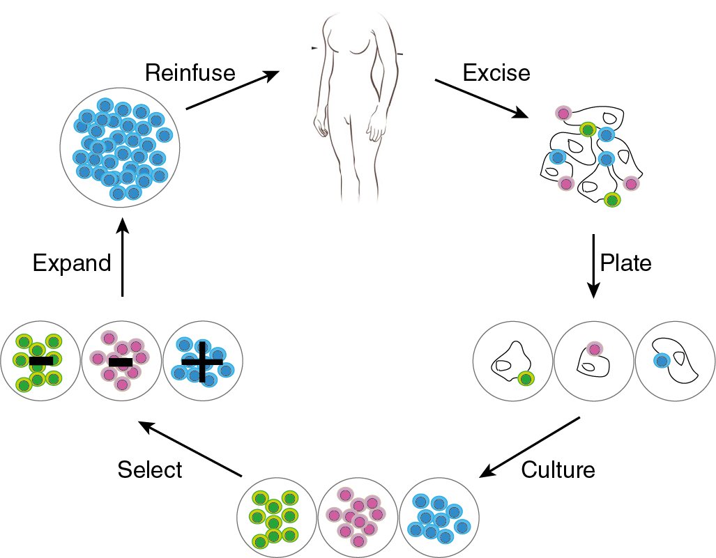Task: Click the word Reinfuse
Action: [190, 72]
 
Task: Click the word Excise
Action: [496, 72]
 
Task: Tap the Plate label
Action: [626, 263]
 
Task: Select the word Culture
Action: [558, 470]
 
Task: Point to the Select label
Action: [150, 470]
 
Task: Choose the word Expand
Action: [72, 263]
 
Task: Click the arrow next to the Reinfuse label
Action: [233, 90]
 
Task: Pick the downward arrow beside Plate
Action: [593, 265]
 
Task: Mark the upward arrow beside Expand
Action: [123, 257]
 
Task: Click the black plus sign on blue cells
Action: [203, 362]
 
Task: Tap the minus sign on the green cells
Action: [40, 361]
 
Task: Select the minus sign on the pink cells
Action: [121, 362]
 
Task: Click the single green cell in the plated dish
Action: [526, 378]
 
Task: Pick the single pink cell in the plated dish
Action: [594, 349]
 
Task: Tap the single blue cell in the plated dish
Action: [661, 360]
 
